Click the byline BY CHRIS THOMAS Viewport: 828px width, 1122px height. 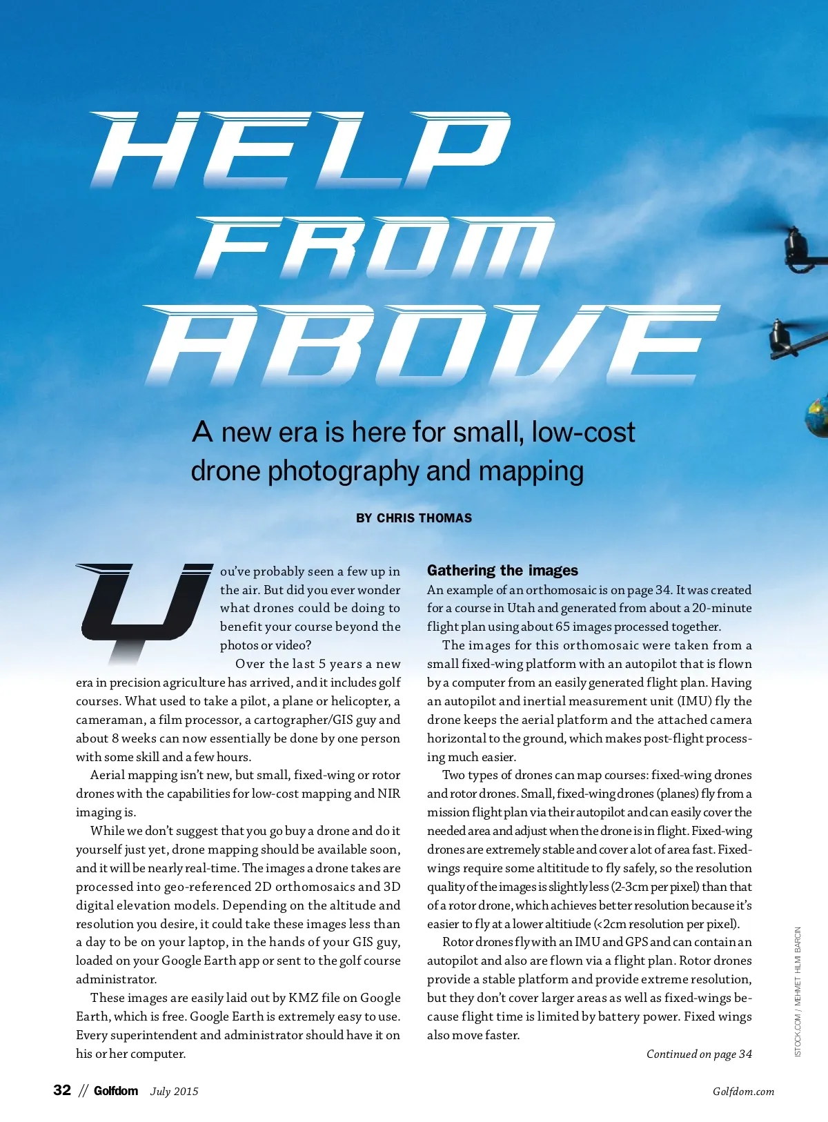click(414, 518)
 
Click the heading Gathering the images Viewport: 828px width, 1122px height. click(502, 571)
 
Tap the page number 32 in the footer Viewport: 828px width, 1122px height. click(62, 1090)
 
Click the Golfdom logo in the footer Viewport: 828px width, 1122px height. click(116, 1091)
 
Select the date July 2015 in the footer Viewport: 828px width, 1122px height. click(174, 1092)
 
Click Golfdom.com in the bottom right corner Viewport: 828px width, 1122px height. click(743, 1092)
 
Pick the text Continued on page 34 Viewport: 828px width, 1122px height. click(699, 1054)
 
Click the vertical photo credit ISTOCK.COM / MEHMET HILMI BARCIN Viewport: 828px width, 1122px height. click(798, 992)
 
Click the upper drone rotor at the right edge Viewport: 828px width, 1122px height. click(800, 248)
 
